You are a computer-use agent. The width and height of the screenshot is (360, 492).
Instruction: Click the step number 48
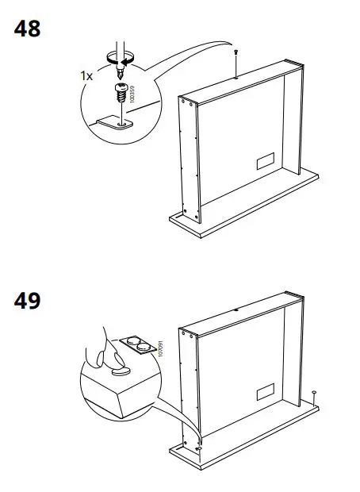tap(28, 29)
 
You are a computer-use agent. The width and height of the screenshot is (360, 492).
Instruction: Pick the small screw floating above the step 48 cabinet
tap(236, 51)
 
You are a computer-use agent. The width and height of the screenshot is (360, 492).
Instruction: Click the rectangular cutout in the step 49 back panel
tap(266, 391)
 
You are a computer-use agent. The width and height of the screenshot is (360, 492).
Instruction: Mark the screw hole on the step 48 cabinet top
tap(236, 78)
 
